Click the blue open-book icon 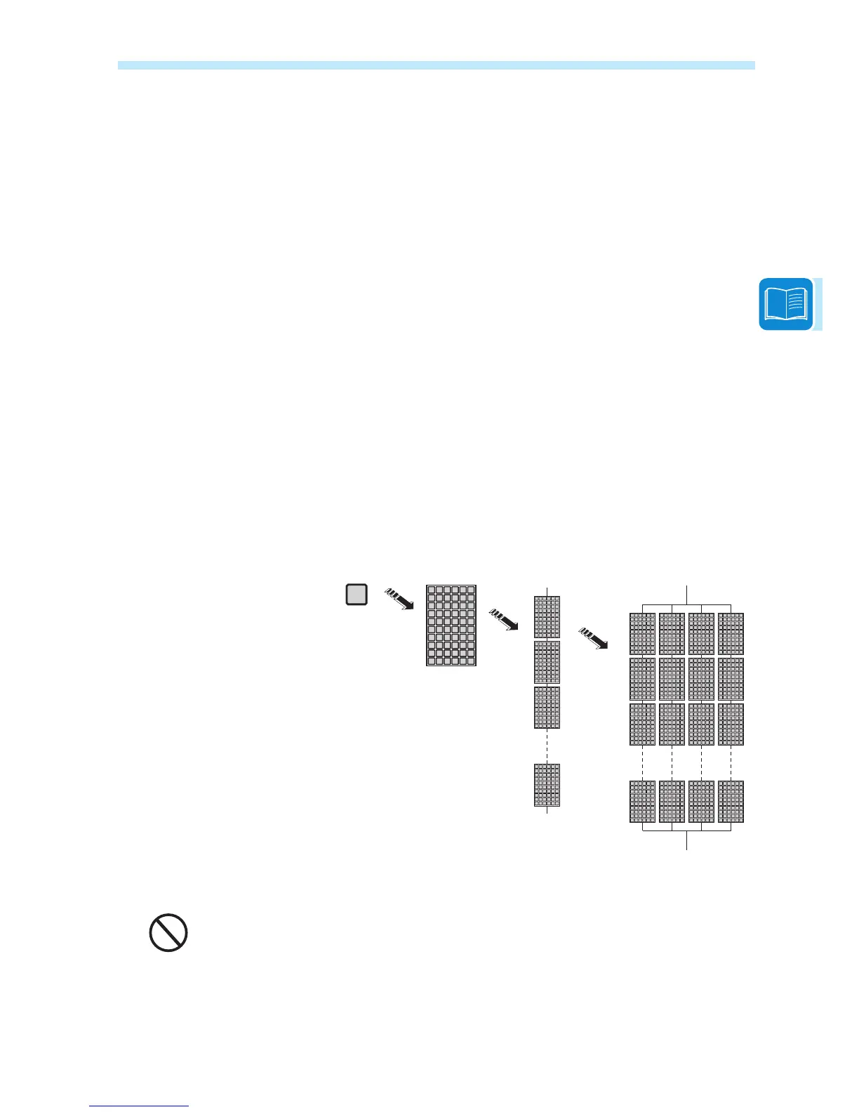click(786, 305)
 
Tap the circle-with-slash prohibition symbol click(168, 933)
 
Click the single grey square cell click(357, 595)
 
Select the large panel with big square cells click(451, 625)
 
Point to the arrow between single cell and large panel click(399, 600)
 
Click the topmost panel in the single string click(547, 617)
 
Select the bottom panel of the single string click(547, 785)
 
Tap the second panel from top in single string click(547, 662)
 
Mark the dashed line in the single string click(547, 746)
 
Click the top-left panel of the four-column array click(643, 634)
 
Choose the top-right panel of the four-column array click(731, 634)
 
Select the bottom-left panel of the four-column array click(643, 801)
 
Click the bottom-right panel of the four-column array click(731, 801)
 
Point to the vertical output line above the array click(687, 593)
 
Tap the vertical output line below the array click(687, 841)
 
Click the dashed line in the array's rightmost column click(731, 762)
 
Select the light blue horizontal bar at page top click(436, 65)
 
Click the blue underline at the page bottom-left click(140, 1106)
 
